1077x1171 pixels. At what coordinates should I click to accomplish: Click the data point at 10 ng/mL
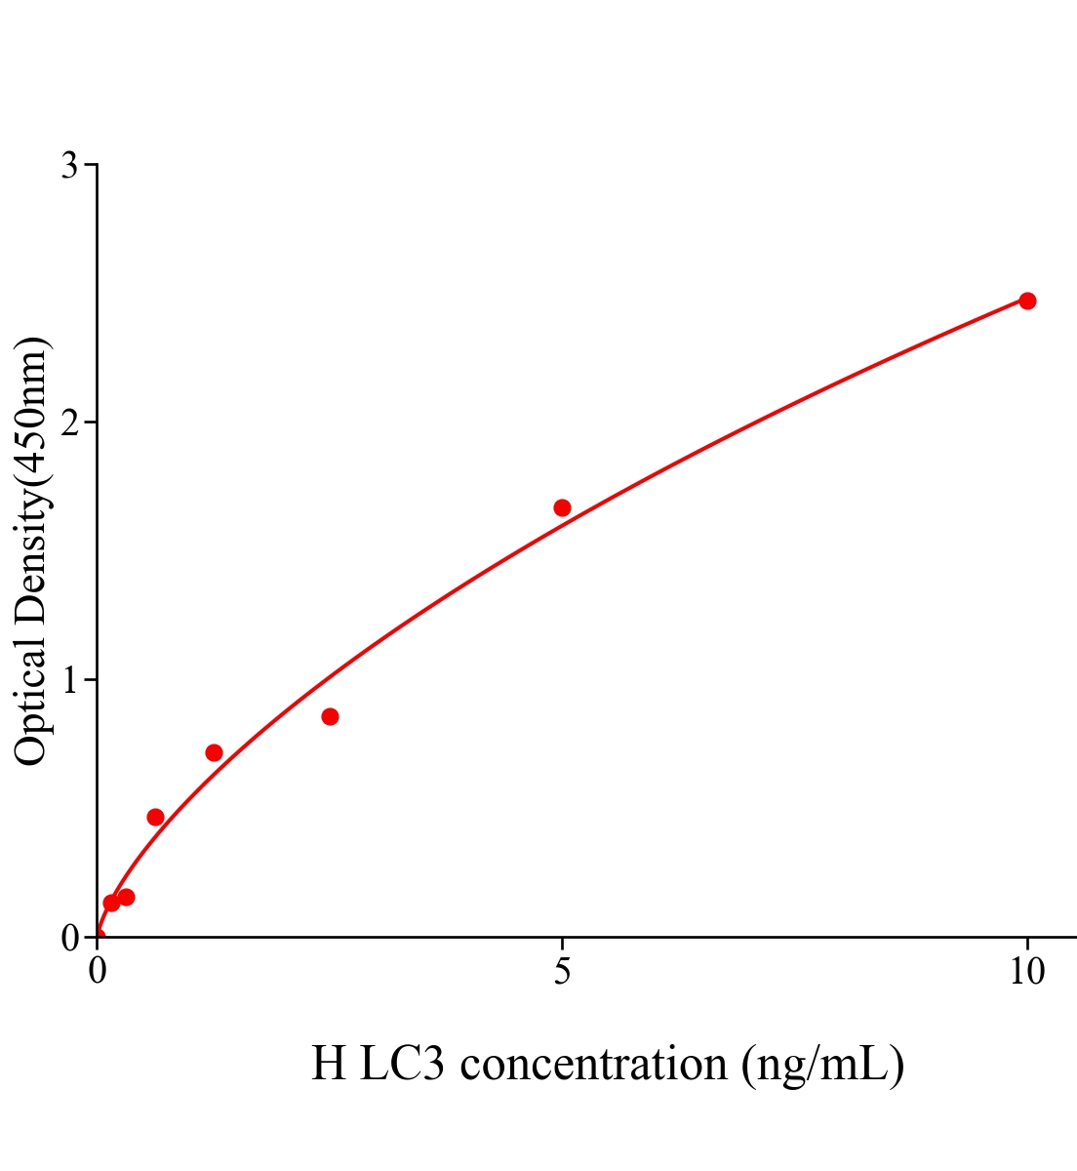point(1026,301)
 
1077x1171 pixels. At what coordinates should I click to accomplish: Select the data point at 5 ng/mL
point(562,507)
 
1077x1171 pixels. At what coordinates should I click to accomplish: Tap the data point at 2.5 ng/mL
point(330,717)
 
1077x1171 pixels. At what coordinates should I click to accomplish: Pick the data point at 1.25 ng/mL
point(214,752)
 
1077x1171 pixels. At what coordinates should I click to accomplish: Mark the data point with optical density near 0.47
point(155,817)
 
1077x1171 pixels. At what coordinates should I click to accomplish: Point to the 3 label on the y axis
point(69,166)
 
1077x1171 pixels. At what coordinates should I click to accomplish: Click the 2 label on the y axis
point(69,423)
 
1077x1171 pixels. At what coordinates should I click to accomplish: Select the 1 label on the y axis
point(69,680)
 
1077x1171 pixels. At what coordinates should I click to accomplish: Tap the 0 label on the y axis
point(69,938)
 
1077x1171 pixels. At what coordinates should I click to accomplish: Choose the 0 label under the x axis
point(98,972)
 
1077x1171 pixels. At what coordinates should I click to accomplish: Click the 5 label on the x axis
point(562,972)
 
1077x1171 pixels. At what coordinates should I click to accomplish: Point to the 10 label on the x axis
point(1026,972)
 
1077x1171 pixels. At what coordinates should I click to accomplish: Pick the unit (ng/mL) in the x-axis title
point(822,1064)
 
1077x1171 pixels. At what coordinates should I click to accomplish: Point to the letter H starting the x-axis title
point(329,1064)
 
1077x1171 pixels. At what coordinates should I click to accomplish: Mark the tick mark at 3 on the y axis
point(91,165)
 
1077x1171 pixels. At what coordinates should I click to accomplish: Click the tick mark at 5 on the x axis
point(562,943)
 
